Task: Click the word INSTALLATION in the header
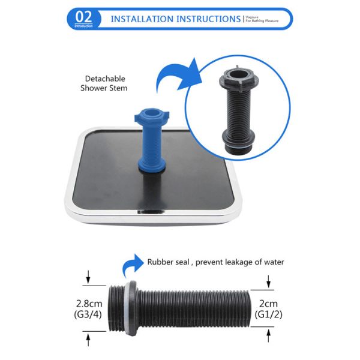point(142,19)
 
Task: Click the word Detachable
point(104,79)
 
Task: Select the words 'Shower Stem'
point(104,88)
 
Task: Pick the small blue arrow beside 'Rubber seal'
point(131,265)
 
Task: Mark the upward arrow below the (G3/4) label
point(89,339)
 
